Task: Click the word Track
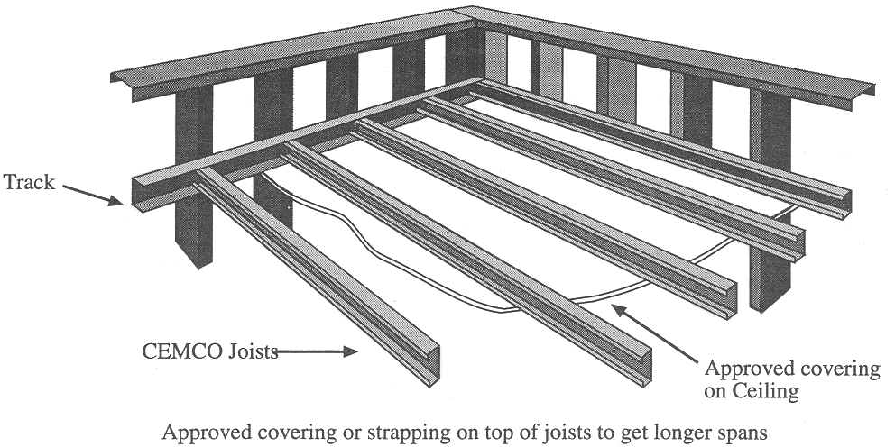click(x=29, y=182)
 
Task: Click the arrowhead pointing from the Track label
click(x=115, y=200)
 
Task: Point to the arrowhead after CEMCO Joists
click(x=350, y=351)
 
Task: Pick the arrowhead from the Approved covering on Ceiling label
click(x=619, y=311)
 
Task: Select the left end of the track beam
click(x=137, y=194)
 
